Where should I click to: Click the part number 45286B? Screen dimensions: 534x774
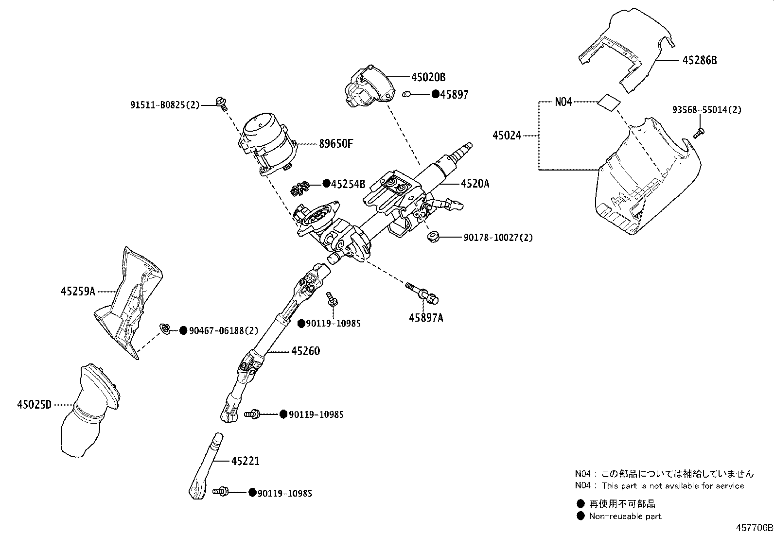(x=700, y=60)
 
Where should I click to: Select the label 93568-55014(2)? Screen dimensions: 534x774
(x=707, y=110)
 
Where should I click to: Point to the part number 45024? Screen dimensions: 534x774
(x=507, y=136)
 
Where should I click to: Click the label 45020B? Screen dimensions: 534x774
(x=428, y=77)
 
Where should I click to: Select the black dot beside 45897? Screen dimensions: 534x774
(x=436, y=94)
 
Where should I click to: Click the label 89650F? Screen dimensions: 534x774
(x=335, y=144)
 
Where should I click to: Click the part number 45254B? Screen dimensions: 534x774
(x=348, y=184)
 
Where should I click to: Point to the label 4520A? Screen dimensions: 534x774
(x=475, y=184)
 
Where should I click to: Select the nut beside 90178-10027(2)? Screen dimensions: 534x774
(x=432, y=237)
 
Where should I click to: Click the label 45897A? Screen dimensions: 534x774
(x=426, y=318)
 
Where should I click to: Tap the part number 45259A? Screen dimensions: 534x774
(x=78, y=292)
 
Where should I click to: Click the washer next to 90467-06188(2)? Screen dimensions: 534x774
(x=165, y=330)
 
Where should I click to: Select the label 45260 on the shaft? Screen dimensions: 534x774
(x=305, y=351)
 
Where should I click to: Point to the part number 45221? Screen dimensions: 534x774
(x=245, y=461)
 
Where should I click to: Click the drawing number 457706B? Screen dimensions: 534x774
(x=753, y=528)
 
